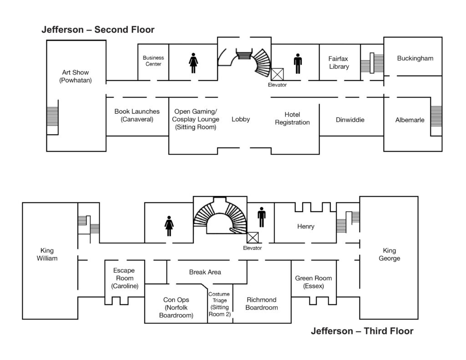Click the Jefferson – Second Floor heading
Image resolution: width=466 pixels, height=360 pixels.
98,30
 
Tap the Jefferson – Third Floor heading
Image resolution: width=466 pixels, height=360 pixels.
362,331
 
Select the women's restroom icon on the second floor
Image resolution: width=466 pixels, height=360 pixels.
193,63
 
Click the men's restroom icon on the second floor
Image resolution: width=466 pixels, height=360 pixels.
298,63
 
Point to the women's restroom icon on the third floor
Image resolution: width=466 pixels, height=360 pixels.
169,226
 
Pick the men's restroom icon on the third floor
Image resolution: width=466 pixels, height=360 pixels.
261,217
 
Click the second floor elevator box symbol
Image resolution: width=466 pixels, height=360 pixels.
277,74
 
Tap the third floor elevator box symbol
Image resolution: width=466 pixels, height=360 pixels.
252,237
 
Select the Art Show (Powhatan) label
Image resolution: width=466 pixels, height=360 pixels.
76,76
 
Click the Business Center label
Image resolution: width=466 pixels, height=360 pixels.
153,61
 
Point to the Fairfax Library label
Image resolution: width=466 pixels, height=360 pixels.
339,63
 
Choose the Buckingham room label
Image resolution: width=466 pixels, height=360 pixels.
415,58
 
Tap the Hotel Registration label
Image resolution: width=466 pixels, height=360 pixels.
292,118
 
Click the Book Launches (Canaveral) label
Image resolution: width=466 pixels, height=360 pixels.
137,116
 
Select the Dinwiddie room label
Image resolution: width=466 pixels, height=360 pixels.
350,120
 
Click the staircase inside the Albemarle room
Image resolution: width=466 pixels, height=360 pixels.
436,120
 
